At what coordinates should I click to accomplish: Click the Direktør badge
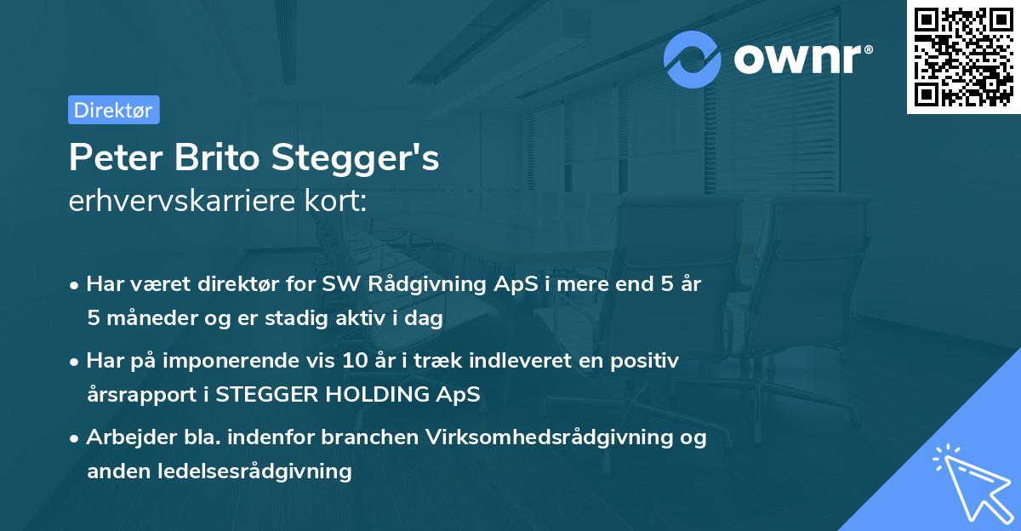[113, 110]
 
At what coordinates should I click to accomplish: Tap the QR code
[964, 56]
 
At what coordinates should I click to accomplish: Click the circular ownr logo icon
[693, 59]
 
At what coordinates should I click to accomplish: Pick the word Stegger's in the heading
[356, 157]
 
